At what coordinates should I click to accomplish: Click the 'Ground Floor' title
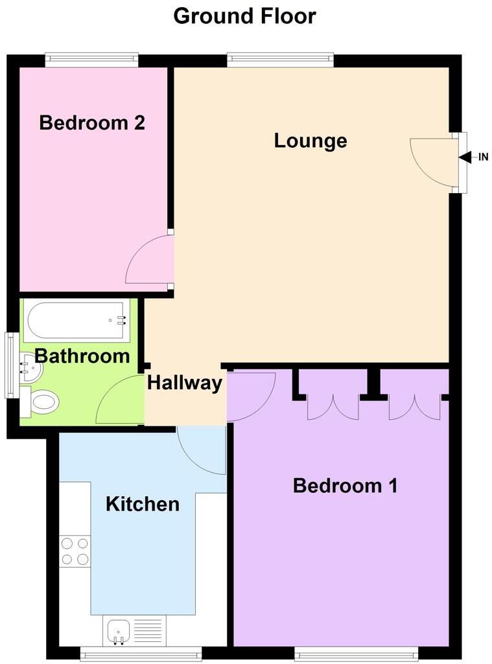(x=245, y=16)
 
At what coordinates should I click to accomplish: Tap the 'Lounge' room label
(x=310, y=141)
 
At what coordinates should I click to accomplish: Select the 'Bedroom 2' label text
(x=92, y=122)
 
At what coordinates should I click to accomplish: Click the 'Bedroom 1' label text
(x=346, y=485)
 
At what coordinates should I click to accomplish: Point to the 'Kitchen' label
(x=143, y=503)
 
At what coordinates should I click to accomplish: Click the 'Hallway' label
(x=185, y=383)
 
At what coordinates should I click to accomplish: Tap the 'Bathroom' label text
(x=82, y=356)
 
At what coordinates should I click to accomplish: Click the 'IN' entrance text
(x=483, y=157)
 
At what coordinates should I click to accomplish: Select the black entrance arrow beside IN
(x=466, y=157)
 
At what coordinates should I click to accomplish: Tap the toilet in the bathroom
(x=40, y=402)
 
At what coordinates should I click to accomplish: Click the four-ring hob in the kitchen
(x=75, y=551)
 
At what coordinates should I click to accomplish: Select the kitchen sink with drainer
(x=134, y=630)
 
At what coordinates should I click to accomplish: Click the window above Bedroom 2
(x=91, y=61)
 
